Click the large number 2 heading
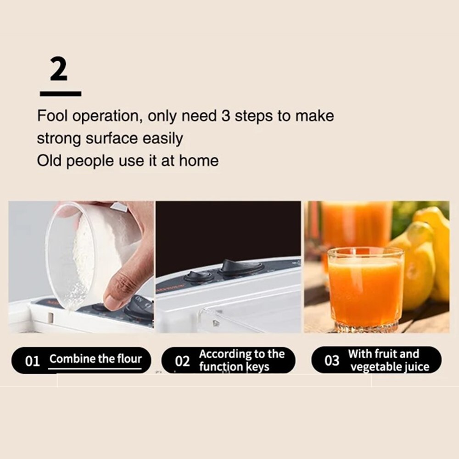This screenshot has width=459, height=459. click(x=59, y=70)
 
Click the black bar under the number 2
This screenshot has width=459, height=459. click(x=61, y=94)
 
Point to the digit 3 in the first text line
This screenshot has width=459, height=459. click(x=225, y=116)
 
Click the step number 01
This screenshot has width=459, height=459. click(x=32, y=361)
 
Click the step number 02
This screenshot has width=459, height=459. click(x=182, y=361)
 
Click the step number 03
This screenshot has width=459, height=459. click(x=331, y=361)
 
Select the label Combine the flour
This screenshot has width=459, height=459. click(x=95, y=359)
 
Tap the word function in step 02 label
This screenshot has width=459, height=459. click(x=220, y=367)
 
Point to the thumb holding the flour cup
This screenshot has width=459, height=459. click(x=120, y=289)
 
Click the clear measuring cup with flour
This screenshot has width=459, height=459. click(x=83, y=252)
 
